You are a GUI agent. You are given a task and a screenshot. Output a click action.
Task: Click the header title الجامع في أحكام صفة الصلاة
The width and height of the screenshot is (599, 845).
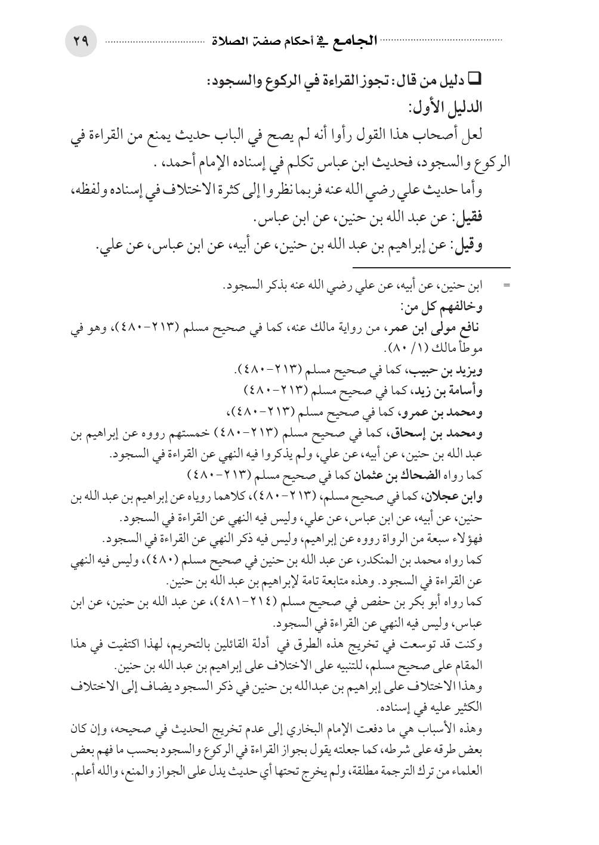click(294, 42)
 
